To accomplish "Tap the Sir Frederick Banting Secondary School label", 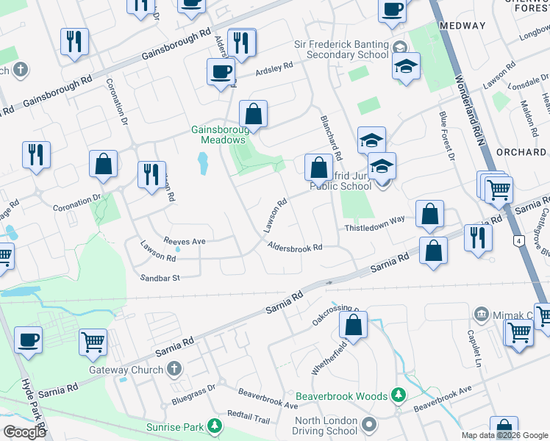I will click(343, 49).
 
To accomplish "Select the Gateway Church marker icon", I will click(174, 368).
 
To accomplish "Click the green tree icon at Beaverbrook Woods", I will click(399, 396).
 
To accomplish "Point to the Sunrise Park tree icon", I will click(214, 426).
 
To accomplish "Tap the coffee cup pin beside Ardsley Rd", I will click(221, 72).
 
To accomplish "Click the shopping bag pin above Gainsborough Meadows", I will click(253, 115).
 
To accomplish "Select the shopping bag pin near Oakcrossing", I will click(354, 326).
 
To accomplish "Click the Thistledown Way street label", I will click(375, 229).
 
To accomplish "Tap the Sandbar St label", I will click(160, 278).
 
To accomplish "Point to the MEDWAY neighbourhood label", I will click(463, 26).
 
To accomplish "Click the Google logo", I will click(25, 432).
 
